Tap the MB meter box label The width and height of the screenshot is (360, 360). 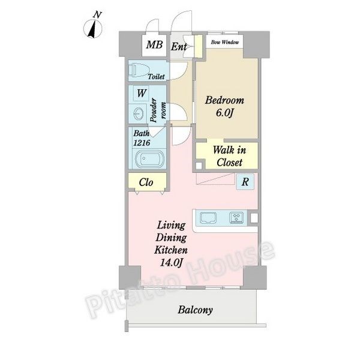[x=154, y=44]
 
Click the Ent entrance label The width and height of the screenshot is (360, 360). [x=179, y=47]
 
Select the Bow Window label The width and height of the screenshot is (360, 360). [x=225, y=42]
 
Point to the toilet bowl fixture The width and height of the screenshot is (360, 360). [x=139, y=70]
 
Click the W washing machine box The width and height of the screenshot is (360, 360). [x=141, y=94]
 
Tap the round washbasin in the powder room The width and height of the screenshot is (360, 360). [x=139, y=113]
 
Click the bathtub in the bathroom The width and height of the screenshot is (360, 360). [x=149, y=158]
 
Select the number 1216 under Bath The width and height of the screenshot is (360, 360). [x=142, y=143]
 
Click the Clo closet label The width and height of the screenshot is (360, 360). [x=146, y=182]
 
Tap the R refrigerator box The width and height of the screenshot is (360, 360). [x=245, y=182]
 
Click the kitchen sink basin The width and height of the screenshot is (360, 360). [x=208, y=218]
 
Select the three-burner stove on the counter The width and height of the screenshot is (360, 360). [x=236, y=218]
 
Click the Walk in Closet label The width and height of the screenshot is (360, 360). [x=229, y=156]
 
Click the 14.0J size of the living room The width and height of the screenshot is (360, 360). [x=171, y=262]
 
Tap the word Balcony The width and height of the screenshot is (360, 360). [x=195, y=310]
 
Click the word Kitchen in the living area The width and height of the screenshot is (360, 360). [x=171, y=250]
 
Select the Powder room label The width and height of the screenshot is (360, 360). [x=158, y=110]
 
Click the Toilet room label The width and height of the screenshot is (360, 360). [x=156, y=76]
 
